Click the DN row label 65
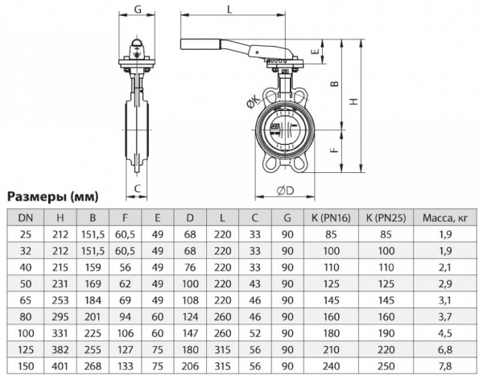[27, 299]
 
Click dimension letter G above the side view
[139, 9]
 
